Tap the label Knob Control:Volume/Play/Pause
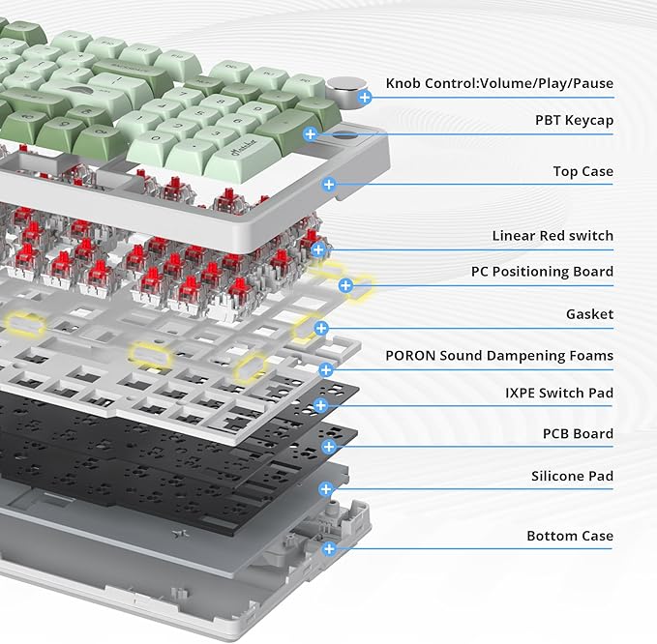[x=499, y=83]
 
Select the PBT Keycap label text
[x=574, y=121]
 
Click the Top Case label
[x=582, y=171]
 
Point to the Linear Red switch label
[x=552, y=236]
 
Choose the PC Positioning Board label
[x=542, y=272]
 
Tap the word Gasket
[x=589, y=314]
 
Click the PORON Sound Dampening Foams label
[x=499, y=356]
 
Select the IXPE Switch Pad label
[x=559, y=393]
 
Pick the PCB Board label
[x=578, y=434]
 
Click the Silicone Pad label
[x=573, y=476]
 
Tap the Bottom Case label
[x=570, y=536]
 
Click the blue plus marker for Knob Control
[x=365, y=98]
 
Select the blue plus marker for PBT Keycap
[x=311, y=134]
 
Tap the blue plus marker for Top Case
[x=329, y=184]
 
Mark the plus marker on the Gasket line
[x=321, y=328]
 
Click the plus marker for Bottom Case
[x=329, y=548]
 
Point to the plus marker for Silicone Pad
[x=326, y=488]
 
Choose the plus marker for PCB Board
[x=329, y=447]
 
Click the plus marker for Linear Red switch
[x=318, y=249]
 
